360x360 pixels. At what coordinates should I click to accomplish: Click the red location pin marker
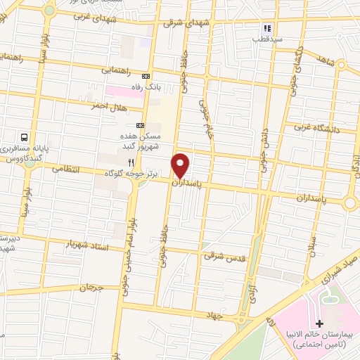[181, 166]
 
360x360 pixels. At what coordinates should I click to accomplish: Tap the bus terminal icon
[25, 138]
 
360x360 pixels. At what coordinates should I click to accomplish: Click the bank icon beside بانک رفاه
[146, 76]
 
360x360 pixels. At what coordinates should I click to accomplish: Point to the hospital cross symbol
[321, 323]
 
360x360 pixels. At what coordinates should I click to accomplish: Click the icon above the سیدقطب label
[267, 28]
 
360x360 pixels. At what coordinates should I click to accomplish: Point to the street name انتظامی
[67, 171]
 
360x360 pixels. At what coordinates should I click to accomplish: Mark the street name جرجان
[91, 287]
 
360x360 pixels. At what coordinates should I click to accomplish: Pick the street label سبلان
[312, 243]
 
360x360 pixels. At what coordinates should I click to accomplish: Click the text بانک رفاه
[169, 86]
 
